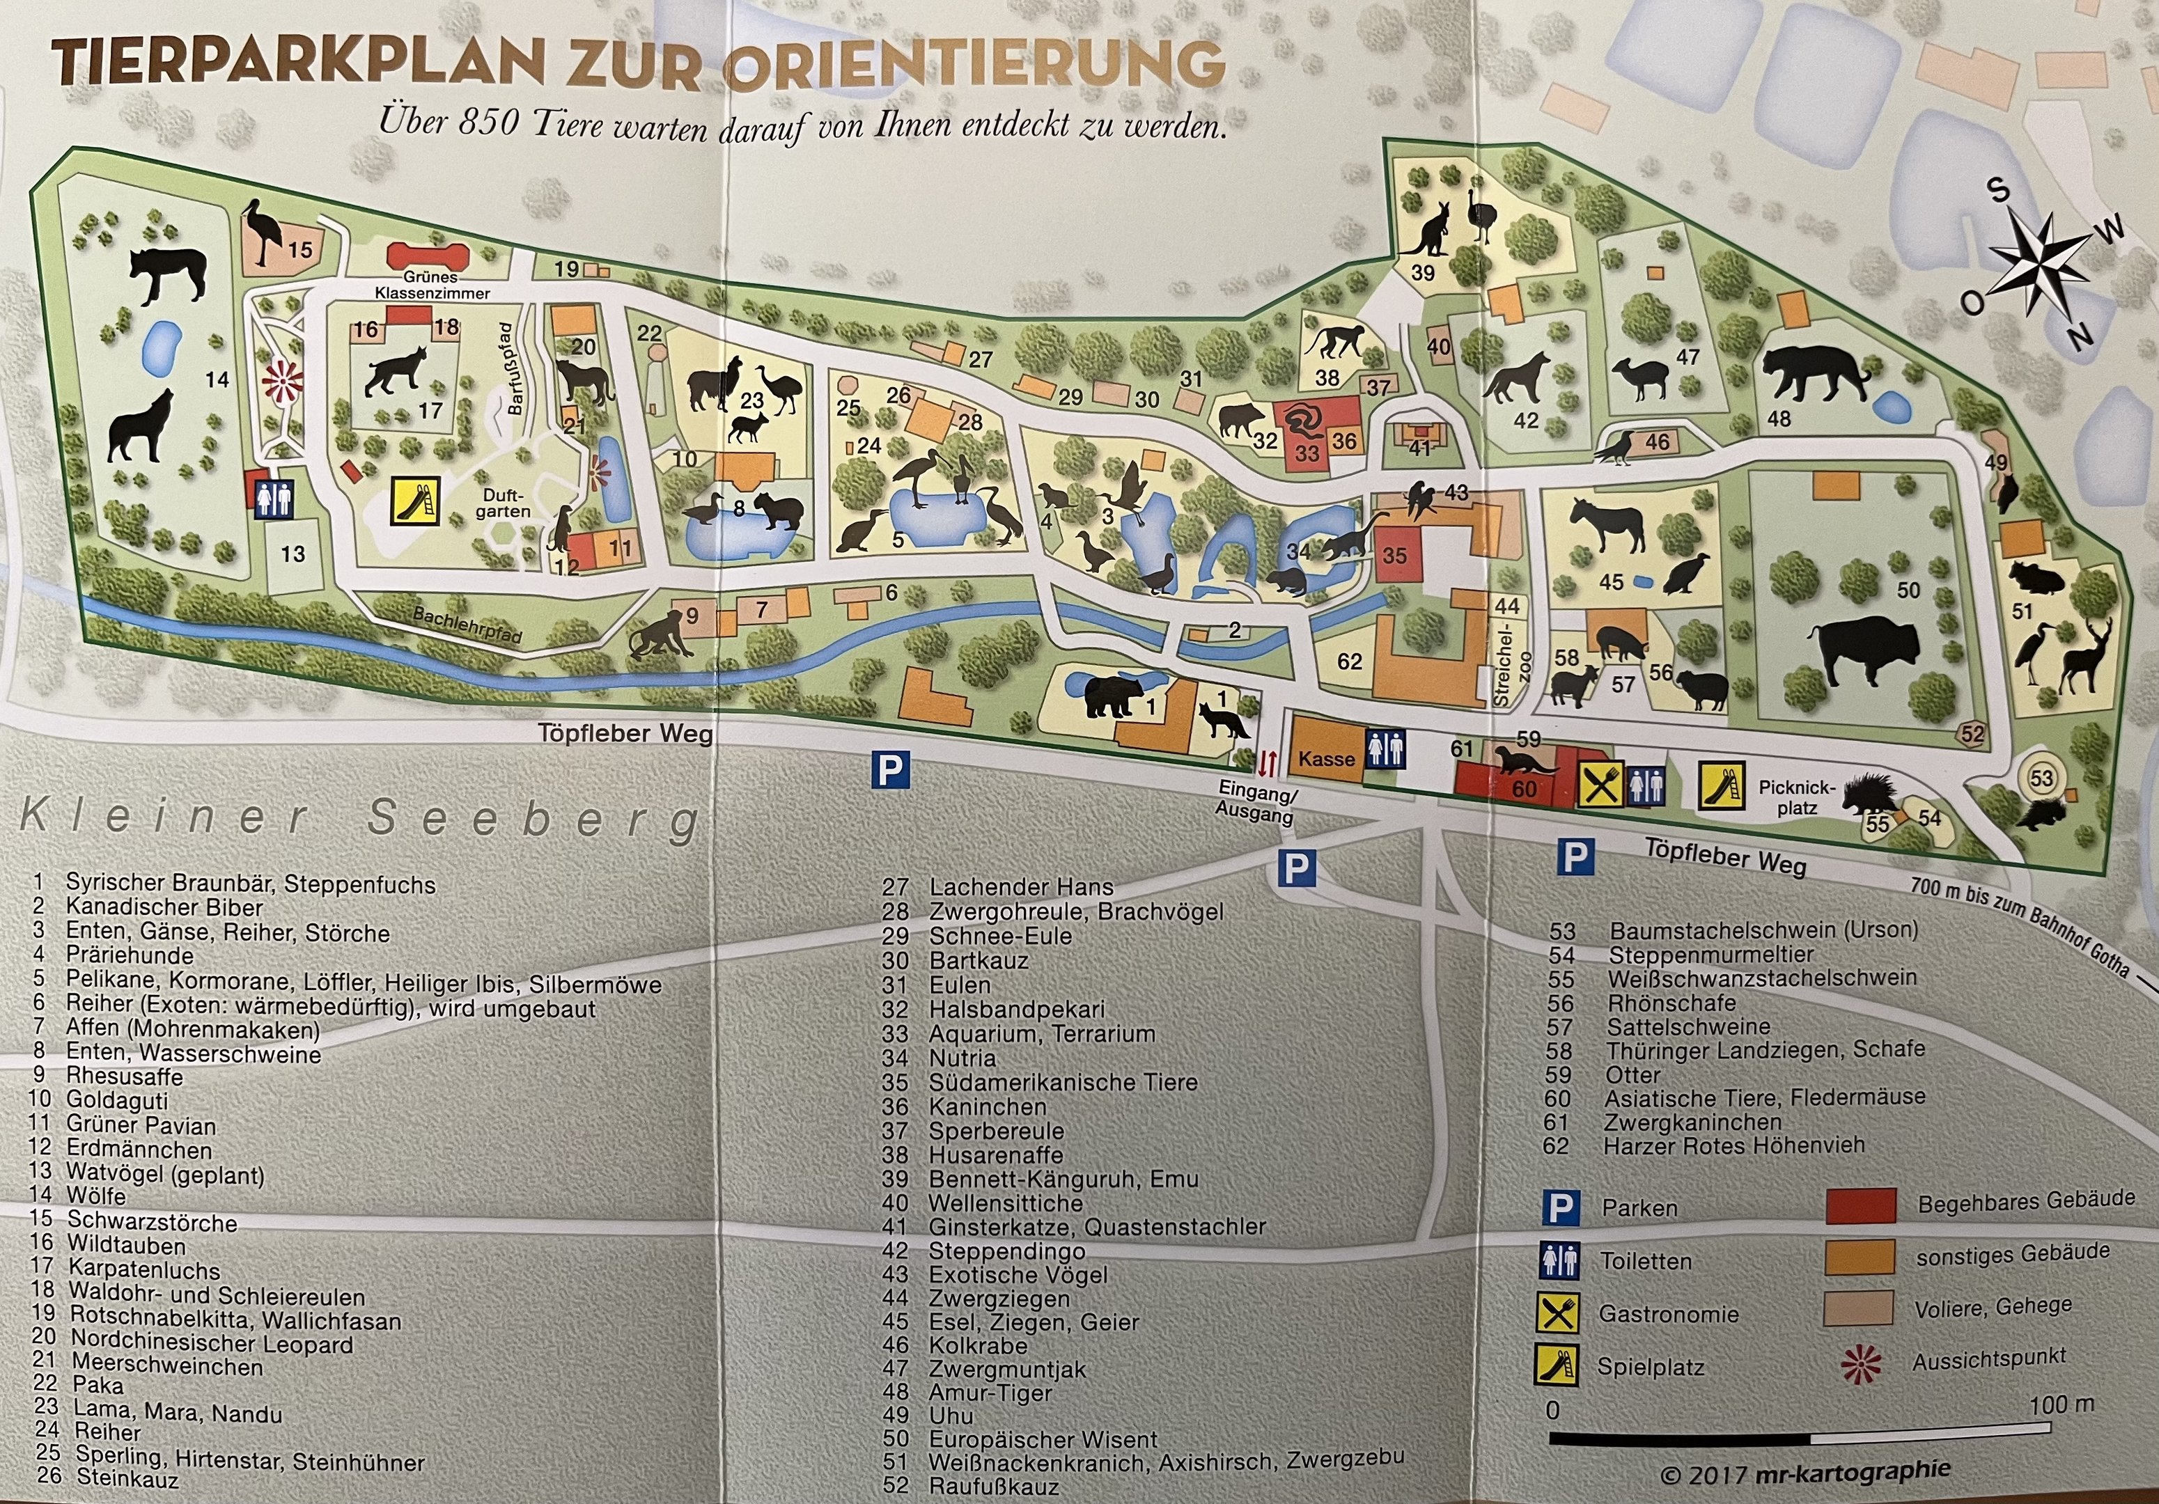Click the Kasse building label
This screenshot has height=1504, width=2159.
point(1326,758)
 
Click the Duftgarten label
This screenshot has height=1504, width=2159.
point(506,503)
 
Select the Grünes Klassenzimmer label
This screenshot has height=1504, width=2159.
point(432,285)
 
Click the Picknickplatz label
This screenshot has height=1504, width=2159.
point(1797,797)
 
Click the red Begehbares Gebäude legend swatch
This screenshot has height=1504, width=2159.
point(1860,1205)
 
